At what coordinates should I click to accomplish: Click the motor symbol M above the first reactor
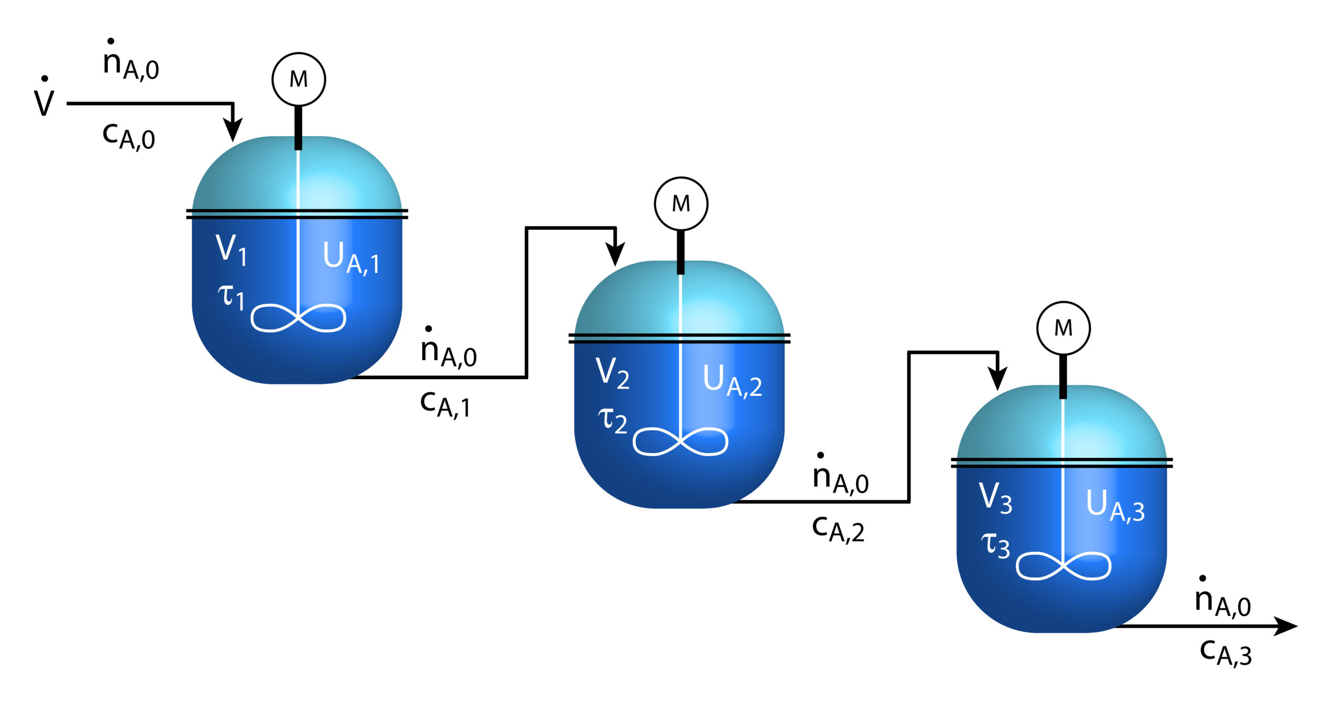click(299, 79)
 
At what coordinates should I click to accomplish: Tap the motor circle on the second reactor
click(681, 203)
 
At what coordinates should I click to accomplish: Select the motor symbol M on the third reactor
click(1063, 328)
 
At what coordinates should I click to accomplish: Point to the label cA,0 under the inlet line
click(129, 137)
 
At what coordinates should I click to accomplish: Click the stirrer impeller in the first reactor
click(298, 317)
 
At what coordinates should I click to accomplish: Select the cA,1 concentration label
click(445, 404)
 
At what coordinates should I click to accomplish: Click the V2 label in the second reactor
click(612, 373)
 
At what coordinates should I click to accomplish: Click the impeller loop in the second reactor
click(680, 442)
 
